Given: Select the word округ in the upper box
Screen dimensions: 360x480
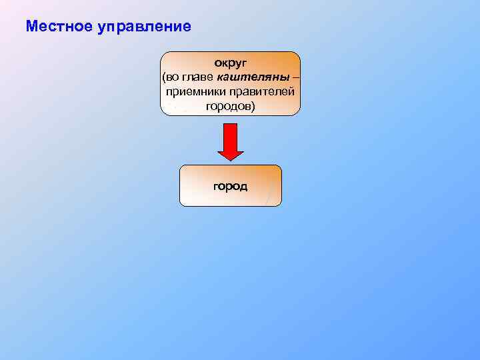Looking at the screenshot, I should [x=230, y=63].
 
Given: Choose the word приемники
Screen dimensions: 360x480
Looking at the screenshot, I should [x=197, y=91].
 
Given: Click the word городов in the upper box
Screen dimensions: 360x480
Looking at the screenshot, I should [x=228, y=106].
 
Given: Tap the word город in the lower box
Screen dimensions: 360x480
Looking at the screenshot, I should [x=231, y=186].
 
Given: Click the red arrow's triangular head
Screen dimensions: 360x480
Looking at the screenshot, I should [x=231, y=154].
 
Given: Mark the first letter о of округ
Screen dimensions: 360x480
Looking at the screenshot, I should [x=217, y=64].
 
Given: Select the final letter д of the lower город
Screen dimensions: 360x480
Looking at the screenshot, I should [x=243, y=187].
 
